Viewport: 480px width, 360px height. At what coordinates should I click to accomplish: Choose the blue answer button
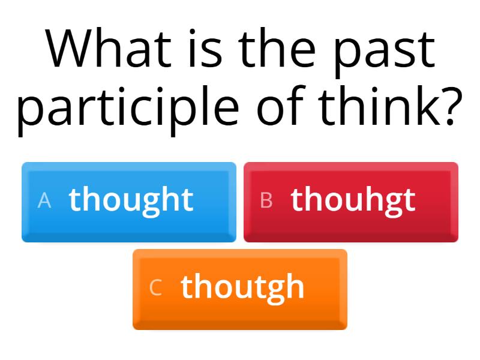[129, 202]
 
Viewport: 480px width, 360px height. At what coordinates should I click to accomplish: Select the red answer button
[351, 202]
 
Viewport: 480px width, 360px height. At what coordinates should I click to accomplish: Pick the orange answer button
[240, 289]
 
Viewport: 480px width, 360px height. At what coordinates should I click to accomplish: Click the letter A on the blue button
[44, 201]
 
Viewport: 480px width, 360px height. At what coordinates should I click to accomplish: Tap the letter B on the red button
[266, 201]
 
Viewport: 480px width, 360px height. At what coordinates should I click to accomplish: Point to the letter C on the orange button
[155, 288]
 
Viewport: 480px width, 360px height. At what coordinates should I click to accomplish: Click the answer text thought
[131, 200]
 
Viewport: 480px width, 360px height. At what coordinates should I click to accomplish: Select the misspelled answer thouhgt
[353, 200]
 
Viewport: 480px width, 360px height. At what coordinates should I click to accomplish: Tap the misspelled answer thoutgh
[242, 287]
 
